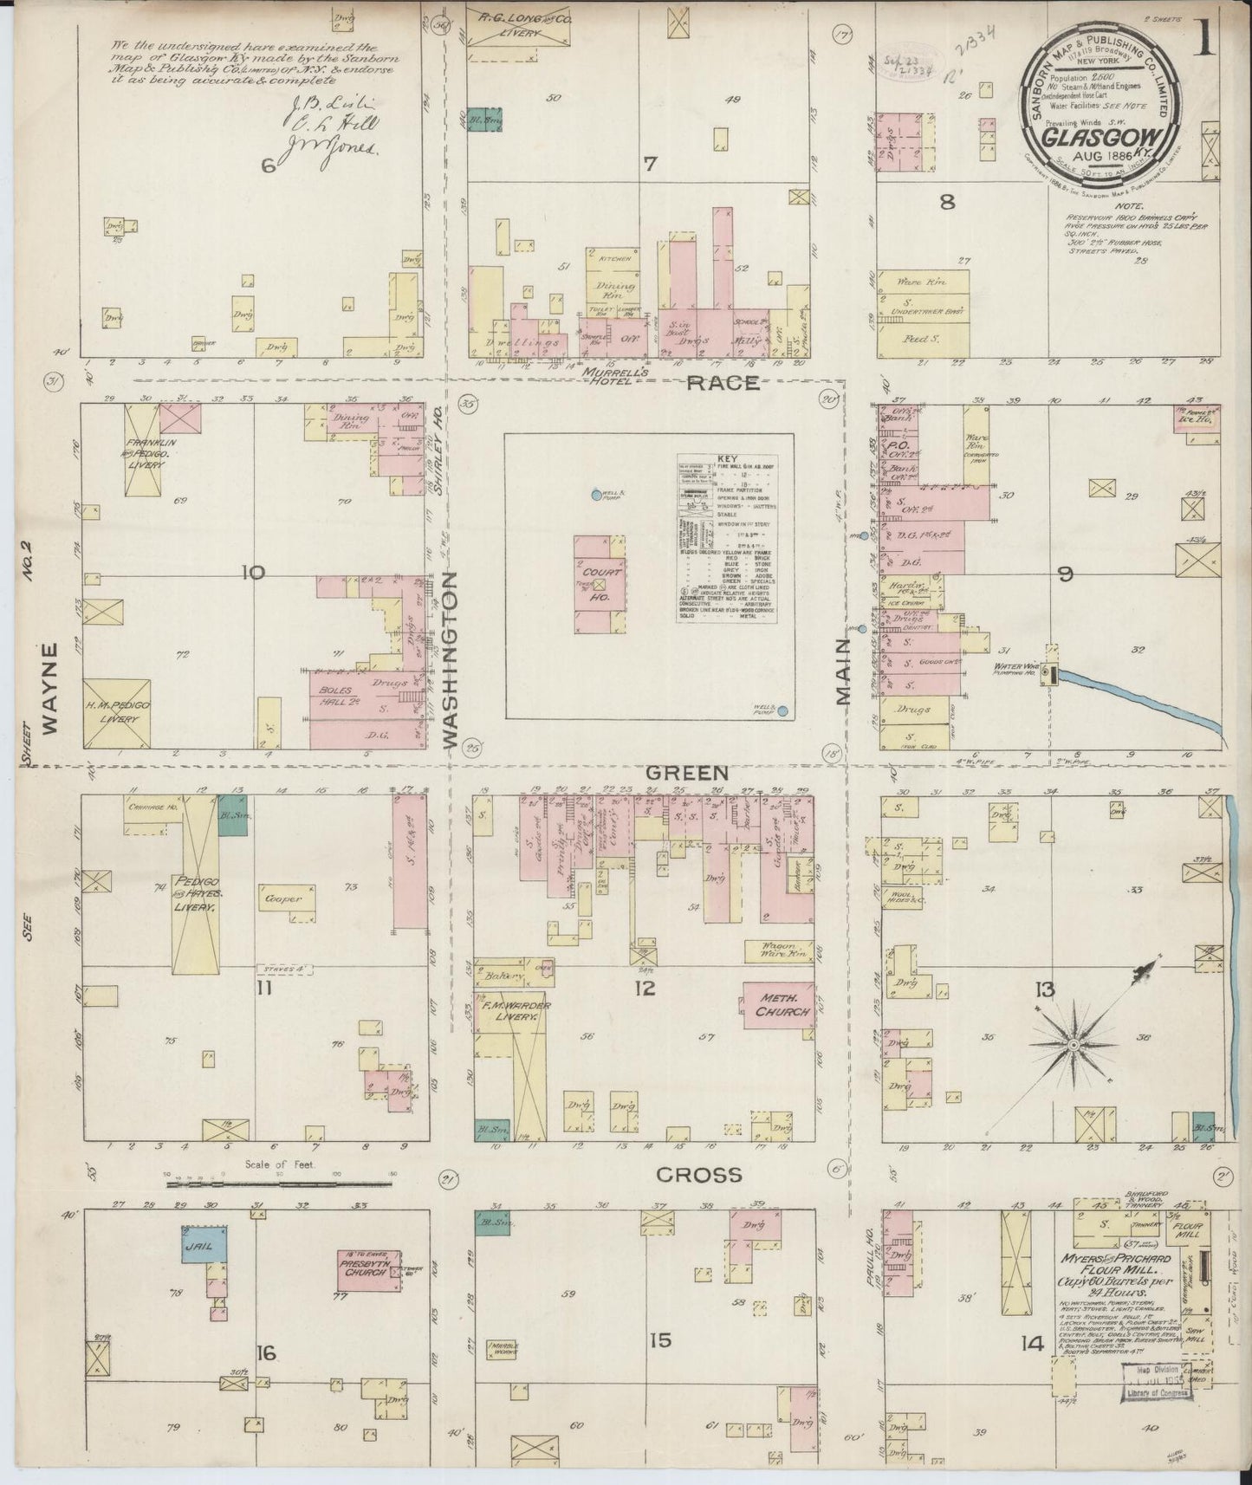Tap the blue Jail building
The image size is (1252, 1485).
point(204,1244)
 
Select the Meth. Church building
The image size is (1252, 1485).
point(777,1004)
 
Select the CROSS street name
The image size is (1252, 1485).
point(698,1175)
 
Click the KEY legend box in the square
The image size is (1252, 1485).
point(725,536)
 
